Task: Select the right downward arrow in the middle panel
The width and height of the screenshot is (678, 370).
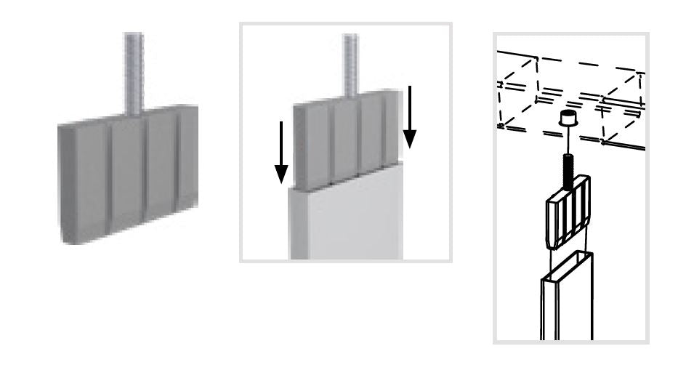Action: (410, 116)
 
